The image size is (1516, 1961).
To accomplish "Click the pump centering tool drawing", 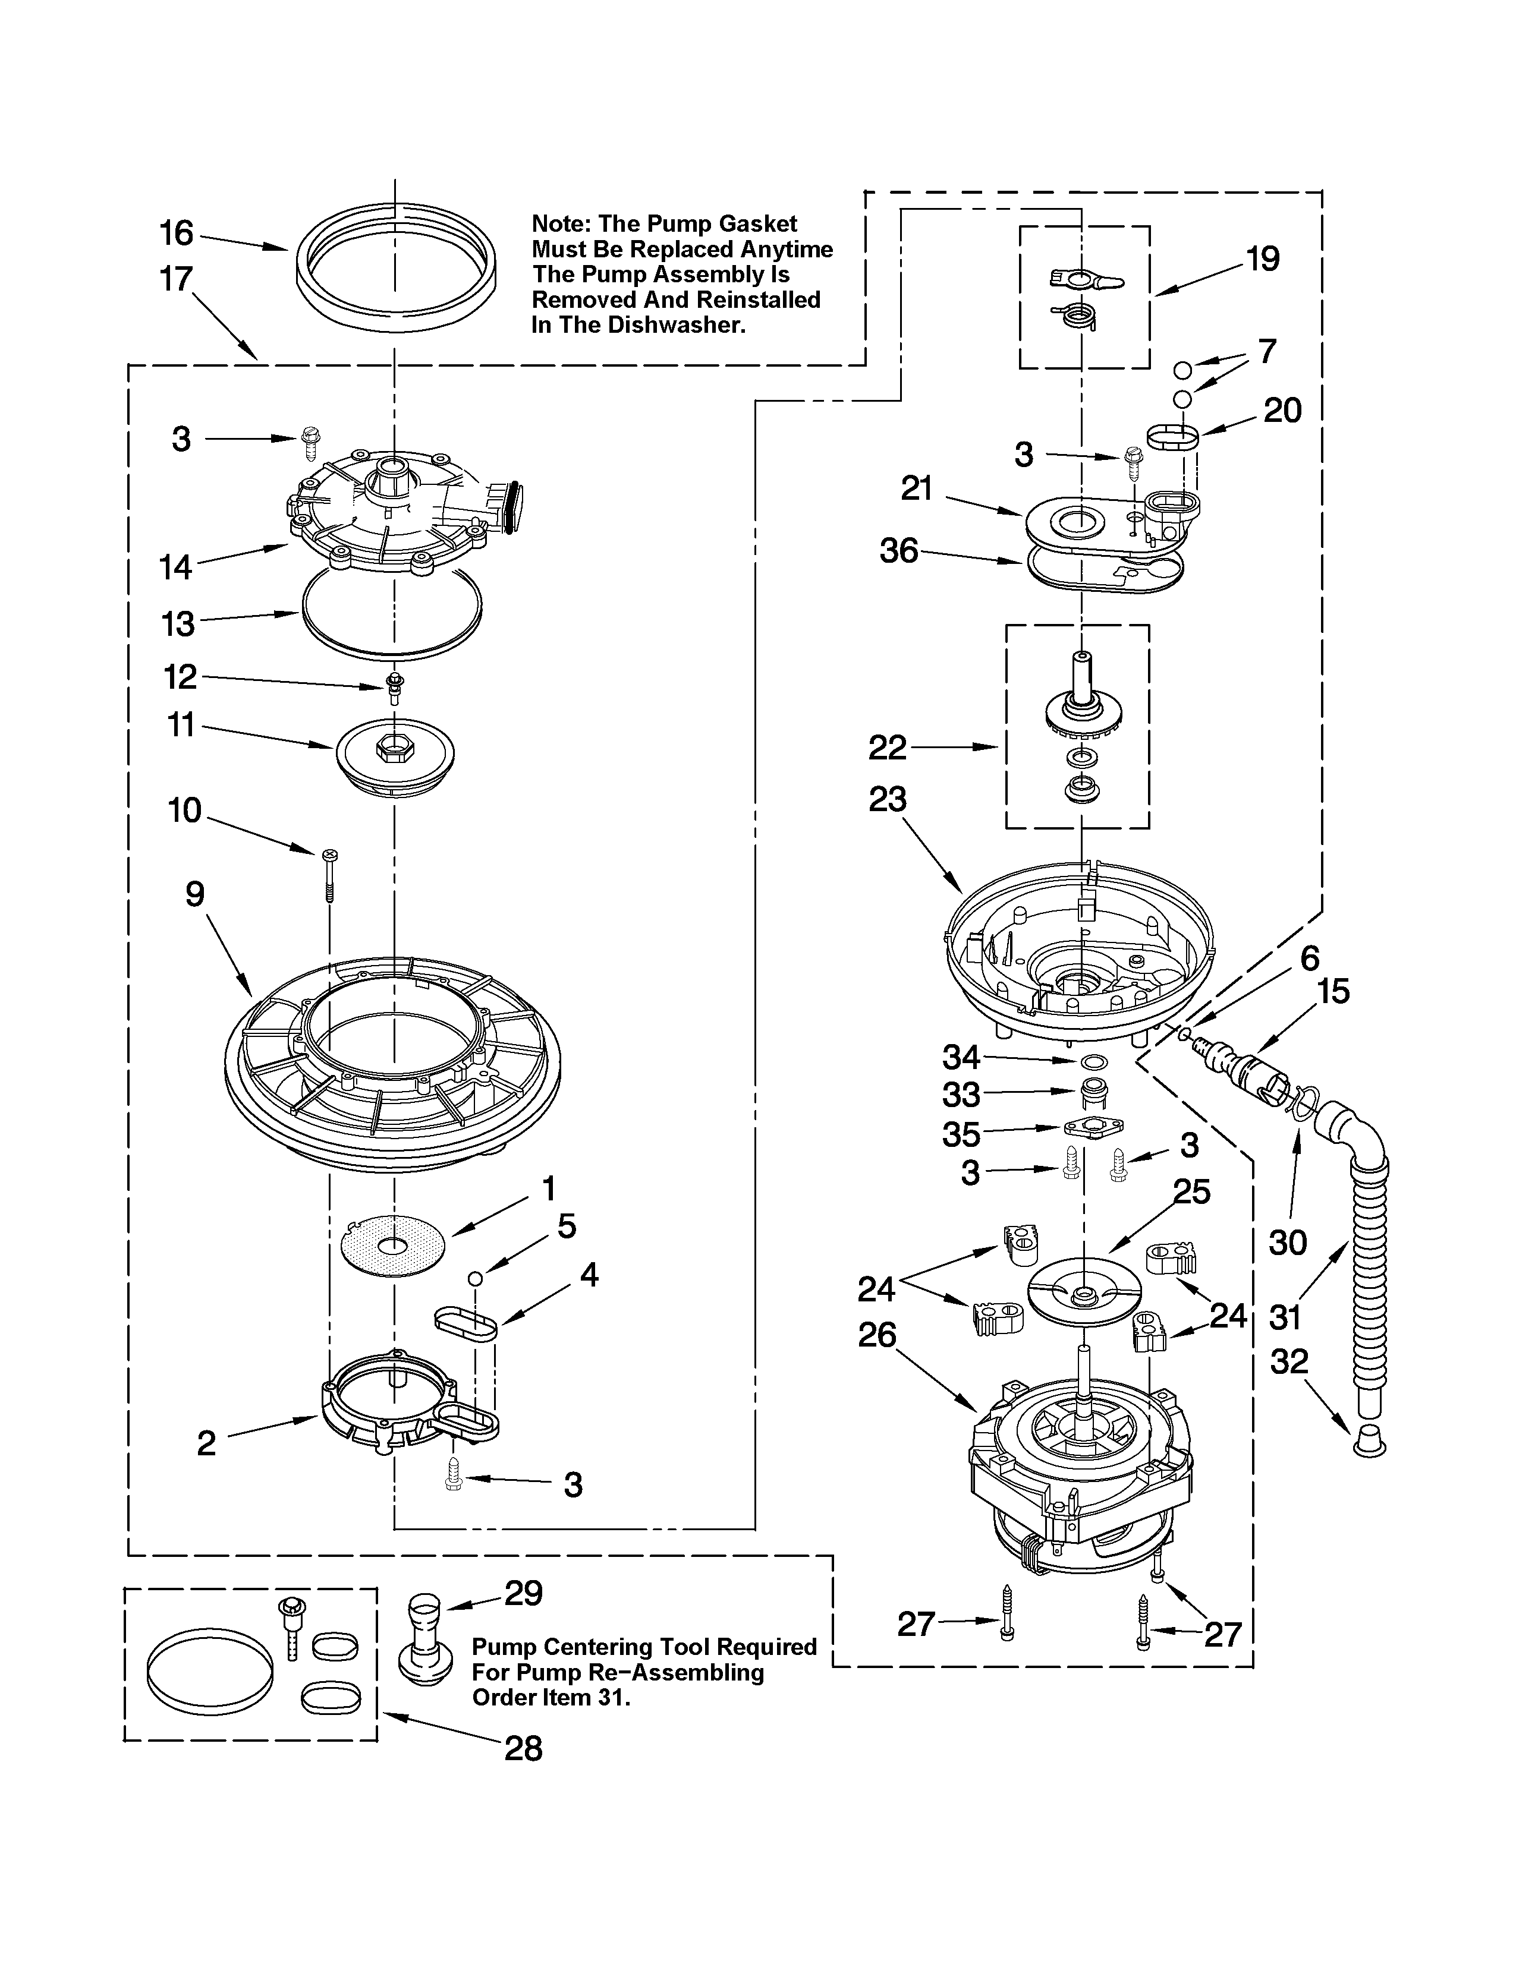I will (x=424, y=1641).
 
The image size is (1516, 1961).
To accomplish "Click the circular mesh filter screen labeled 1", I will (x=394, y=1246).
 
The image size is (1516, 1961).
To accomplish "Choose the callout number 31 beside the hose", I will (x=1285, y=1318).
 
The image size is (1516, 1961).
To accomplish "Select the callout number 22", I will (x=888, y=747).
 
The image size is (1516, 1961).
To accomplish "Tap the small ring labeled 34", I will (x=1093, y=1063).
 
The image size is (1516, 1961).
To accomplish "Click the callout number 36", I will (x=899, y=550).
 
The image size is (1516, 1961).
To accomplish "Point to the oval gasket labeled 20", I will (x=1173, y=438).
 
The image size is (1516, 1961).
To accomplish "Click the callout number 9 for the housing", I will (x=195, y=894).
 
